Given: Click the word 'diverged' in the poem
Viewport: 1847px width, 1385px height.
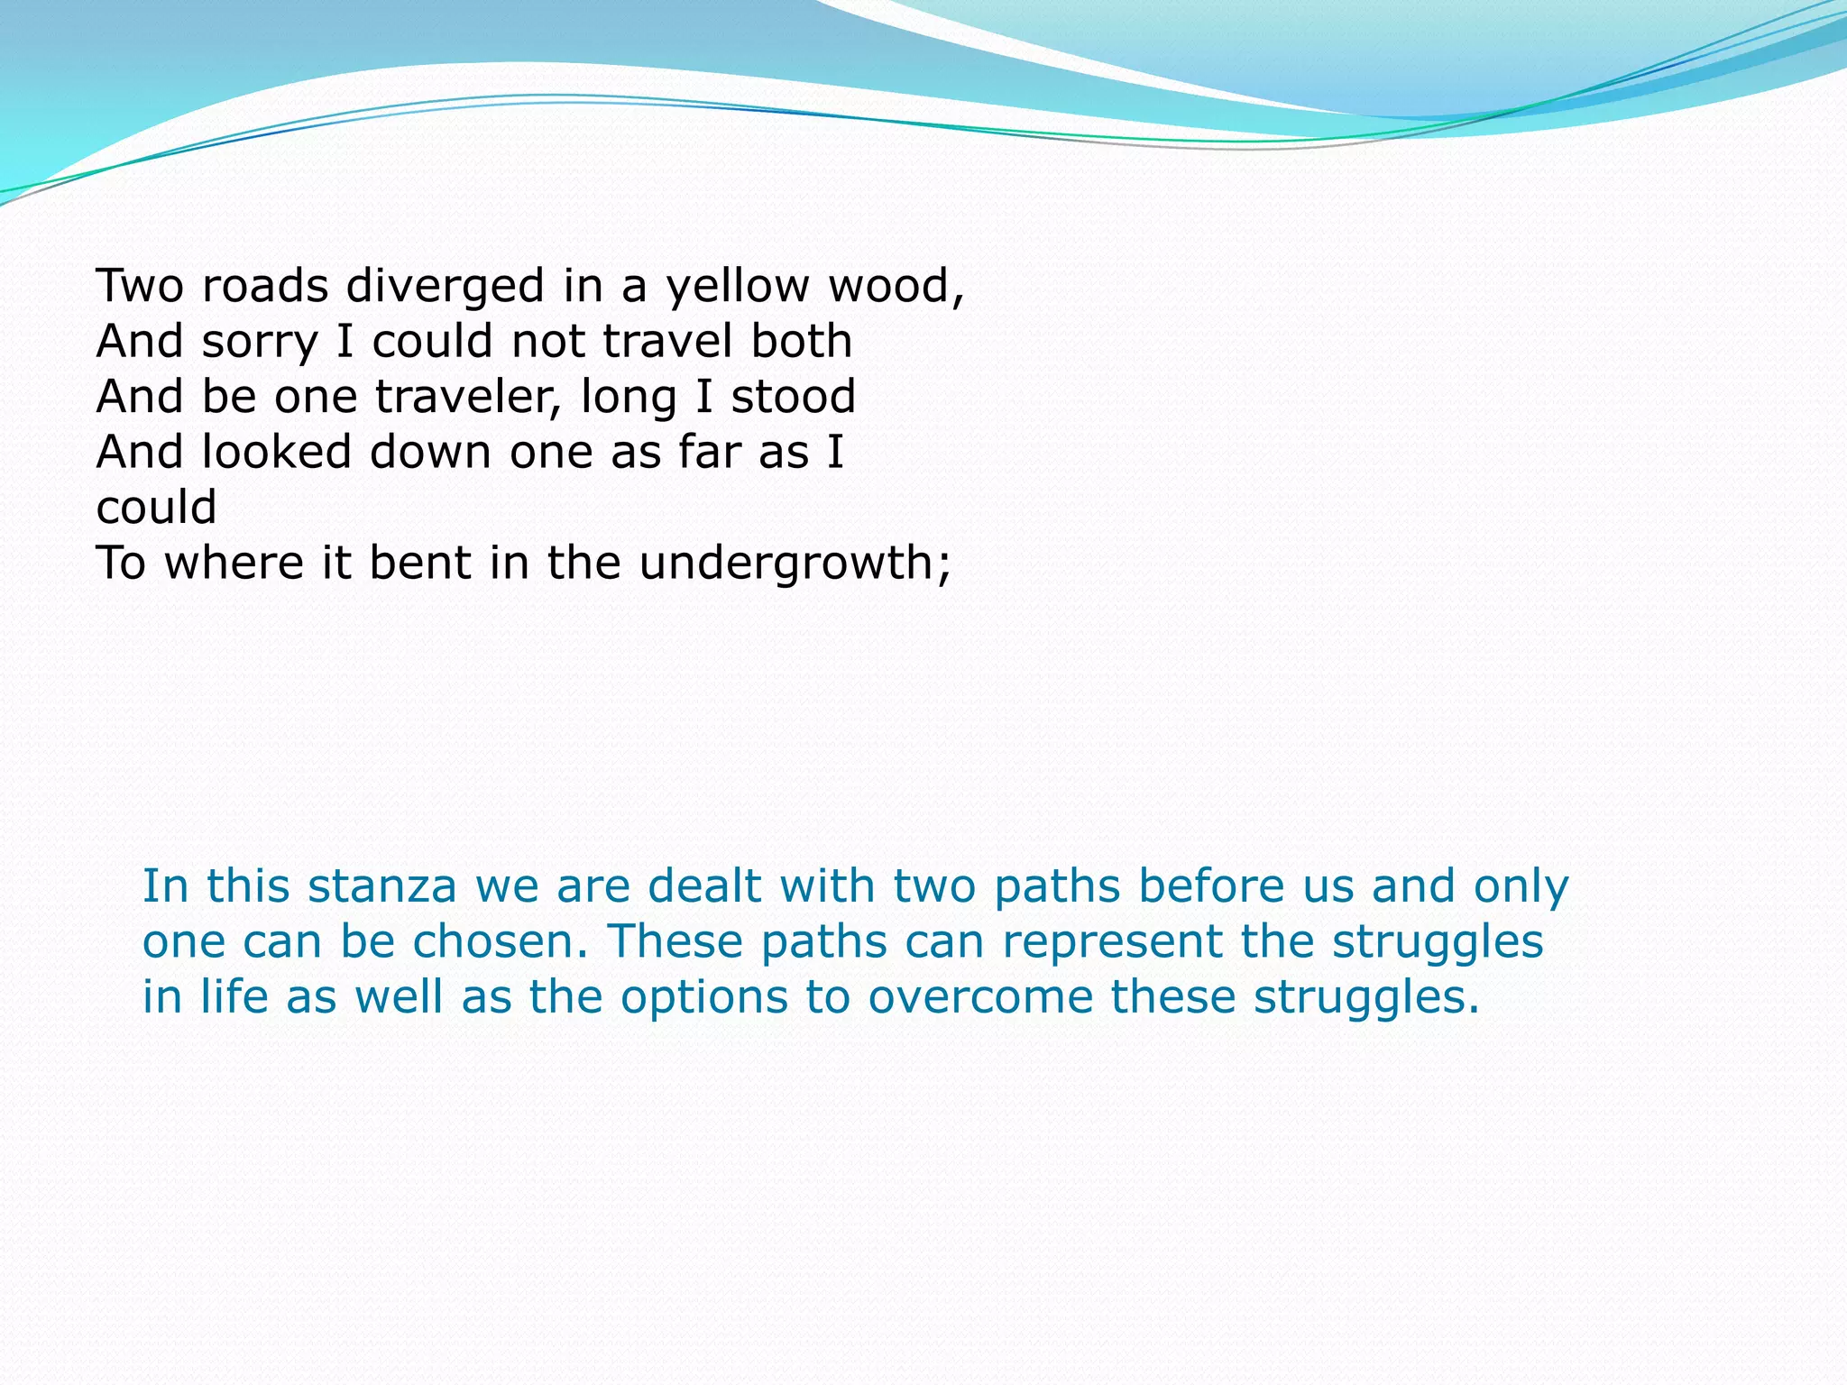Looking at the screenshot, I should pyautogui.click(x=446, y=287).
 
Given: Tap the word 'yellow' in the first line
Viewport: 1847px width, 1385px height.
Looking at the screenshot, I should pyautogui.click(x=738, y=287).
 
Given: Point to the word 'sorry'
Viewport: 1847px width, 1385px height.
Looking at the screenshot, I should pyautogui.click(x=260, y=343).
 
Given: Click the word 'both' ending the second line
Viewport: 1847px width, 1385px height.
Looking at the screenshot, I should pyautogui.click(x=802, y=342).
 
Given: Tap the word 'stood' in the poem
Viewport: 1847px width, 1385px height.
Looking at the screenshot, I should pyautogui.click(x=793, y=398).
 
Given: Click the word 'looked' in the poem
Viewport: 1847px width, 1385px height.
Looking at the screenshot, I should pyautogui.click(x=276, y=453).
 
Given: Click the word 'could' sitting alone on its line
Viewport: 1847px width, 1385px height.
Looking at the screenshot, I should pyautogui.click(x=156, y=509).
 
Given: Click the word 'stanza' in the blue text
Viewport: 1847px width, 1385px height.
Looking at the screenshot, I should pyautogui.click(x=382, y=886).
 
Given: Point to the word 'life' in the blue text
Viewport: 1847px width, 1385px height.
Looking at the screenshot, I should pyautogui.click(x=234, y=997).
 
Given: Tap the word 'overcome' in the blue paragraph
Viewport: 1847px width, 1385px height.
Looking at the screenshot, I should pyautogui.click(x=979, y=997).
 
